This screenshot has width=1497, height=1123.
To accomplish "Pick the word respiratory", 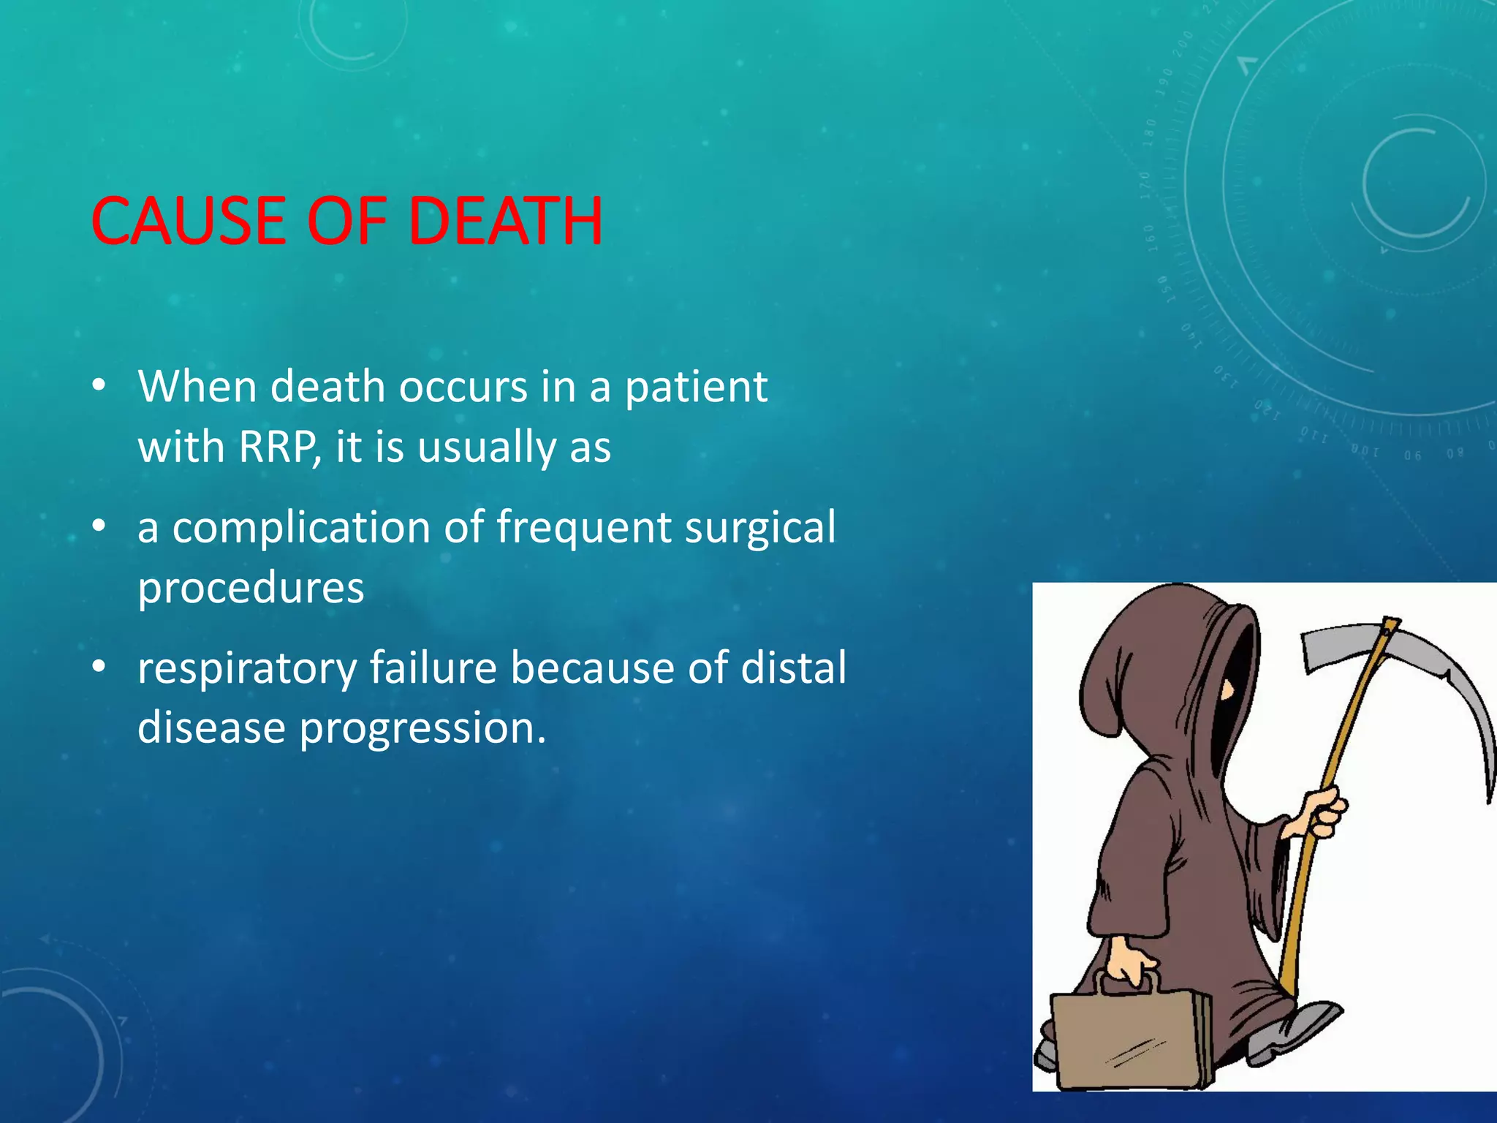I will click(x=247, y=669).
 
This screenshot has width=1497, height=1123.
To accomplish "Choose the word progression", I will click(x=422, y=728).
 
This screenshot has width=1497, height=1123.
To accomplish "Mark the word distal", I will click(x=793, y=668).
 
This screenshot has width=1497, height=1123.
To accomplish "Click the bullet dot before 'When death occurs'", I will click(x=99, y=385).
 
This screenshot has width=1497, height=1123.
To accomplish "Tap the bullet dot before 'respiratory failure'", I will click(x=99, y=667).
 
